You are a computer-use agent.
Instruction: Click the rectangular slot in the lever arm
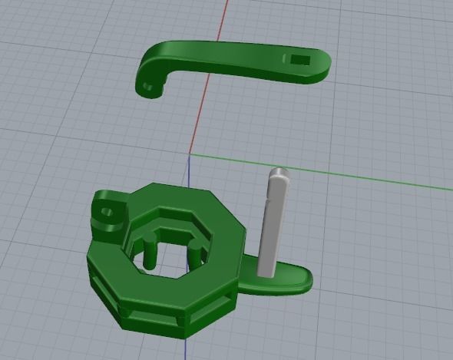(299, 59)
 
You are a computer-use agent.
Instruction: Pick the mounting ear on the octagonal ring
(107, 212)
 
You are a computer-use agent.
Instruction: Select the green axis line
(346, 173)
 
